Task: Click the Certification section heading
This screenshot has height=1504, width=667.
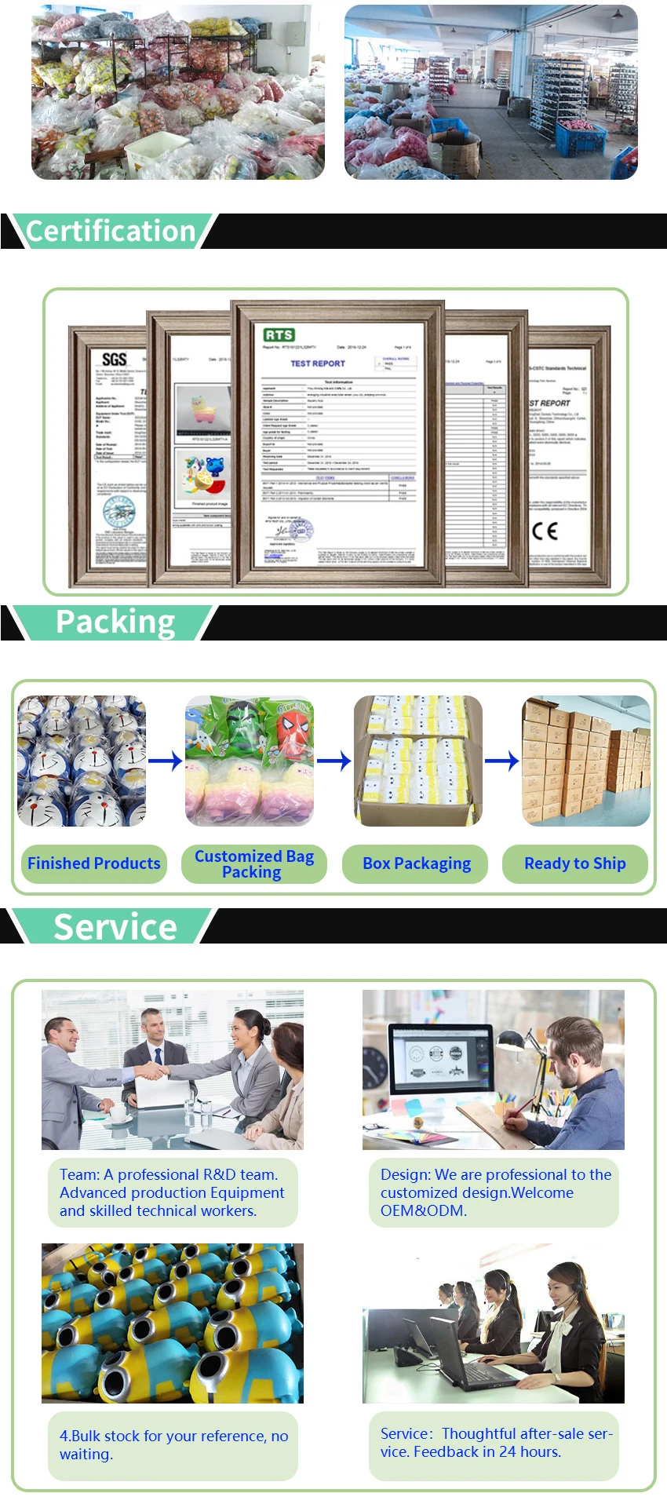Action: point(111,232)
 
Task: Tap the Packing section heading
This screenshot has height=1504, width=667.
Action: point(115,622)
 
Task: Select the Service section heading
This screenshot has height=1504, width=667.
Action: point(115,927)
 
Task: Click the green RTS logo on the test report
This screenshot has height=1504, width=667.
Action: point(279,334)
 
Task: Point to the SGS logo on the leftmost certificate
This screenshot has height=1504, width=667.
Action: point(115,360)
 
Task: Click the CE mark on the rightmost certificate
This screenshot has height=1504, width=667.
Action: point(545,531)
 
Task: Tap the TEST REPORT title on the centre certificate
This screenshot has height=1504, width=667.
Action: point(318,363)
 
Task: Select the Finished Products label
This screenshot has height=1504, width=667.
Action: point(93,863)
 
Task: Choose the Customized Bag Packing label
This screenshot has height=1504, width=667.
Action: point(254,863)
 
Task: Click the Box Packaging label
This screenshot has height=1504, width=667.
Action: point(417,863)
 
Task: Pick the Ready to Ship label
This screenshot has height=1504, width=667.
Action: point(575,863)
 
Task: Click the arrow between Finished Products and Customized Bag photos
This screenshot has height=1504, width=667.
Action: point(165,760)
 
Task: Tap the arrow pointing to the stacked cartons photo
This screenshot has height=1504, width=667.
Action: point(502,760)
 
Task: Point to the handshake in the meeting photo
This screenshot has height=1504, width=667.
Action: point(151,1071)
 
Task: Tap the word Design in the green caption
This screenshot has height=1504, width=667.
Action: point(405,1174)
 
